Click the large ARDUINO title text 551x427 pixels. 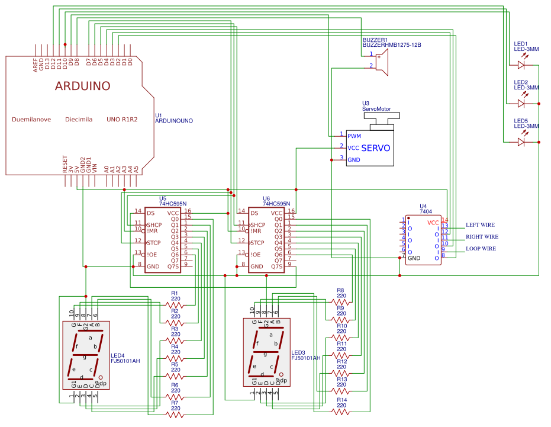point(83,86)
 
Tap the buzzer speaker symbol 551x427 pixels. point(382,62)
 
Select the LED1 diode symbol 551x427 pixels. point(521,64)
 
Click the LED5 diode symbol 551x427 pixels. point(521,142)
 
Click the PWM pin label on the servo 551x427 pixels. point(355,136)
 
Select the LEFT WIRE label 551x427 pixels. point(479,225)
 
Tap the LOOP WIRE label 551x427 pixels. point(481,249)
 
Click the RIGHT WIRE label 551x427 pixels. point(482,237)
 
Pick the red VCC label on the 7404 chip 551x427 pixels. point(433,222)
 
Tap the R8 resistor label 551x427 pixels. point(340,291)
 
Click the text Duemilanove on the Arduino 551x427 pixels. point(31,119)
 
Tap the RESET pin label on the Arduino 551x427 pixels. point(65,164)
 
